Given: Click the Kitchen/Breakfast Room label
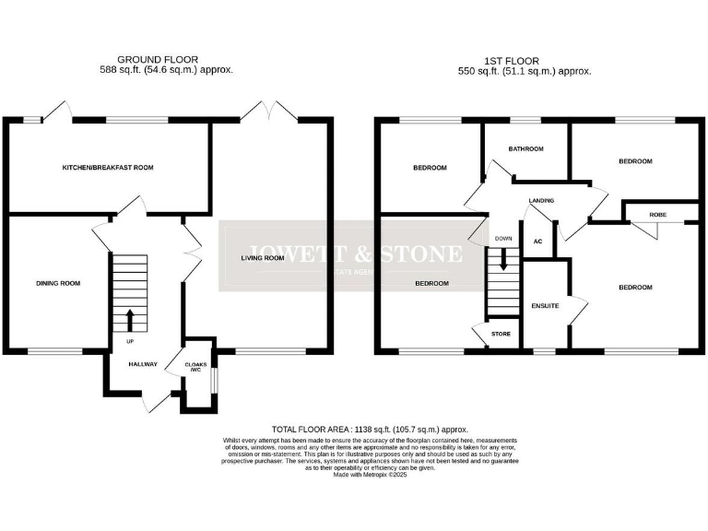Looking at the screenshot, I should [x=107, y=168].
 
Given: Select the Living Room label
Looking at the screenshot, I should [x=262, y=258].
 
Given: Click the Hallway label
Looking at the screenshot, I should [x=143, y=365].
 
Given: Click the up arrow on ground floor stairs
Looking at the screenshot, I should [x=129, y=320].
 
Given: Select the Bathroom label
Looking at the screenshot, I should [x=525, y=148].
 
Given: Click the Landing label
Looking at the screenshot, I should [x=541, y=200].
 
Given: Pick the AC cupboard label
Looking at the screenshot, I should [x=537, y=241].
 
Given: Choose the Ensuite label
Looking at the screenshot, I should [x=545, y=305].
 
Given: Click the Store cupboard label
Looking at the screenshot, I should [x=500, y=334].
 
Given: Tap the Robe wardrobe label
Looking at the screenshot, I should [x=657, y=214].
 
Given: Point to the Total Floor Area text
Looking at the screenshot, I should [x=370, y=430].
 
